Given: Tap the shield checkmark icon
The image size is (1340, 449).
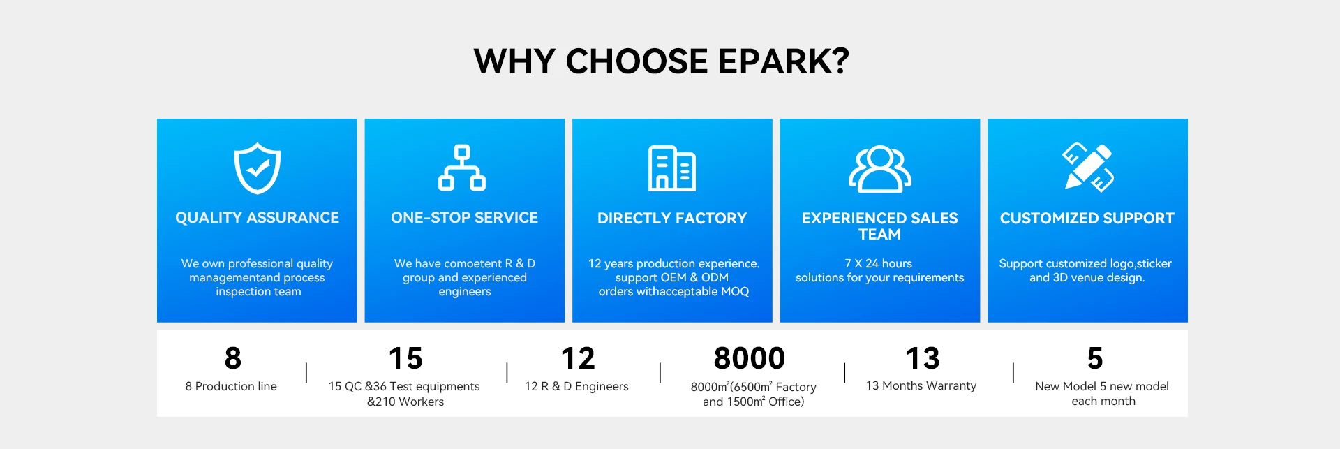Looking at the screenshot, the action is pos(257,168).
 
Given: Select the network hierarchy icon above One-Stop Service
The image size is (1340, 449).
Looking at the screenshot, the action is pos(462,168).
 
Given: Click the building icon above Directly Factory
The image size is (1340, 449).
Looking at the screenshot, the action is pos(672,168).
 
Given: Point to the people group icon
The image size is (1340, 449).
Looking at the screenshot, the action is pos(879,169).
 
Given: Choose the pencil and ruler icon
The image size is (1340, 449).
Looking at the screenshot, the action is pos(1087,168).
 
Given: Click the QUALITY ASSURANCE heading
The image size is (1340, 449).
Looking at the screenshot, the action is pos(257,218).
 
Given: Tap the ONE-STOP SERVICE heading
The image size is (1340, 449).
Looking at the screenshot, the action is pos(464,218).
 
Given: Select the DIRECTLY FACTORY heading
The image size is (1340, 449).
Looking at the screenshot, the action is pos(672,219).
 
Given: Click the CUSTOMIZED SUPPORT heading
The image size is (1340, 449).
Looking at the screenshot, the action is pos(1087,219).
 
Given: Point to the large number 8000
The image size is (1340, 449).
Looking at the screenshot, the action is pos(750,358).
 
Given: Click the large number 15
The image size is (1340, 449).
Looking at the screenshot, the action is pos(405,358).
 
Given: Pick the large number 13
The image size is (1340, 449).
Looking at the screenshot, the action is pos(923,358).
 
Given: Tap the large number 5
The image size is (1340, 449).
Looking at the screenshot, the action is pos(1095,358).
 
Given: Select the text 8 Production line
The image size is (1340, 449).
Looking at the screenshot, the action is pos(231,386).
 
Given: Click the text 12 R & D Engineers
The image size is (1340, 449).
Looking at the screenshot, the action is pos(576,386).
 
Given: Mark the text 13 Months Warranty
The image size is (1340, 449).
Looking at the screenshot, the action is pos(921,385).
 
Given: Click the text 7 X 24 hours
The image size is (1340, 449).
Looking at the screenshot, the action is pos(879,263).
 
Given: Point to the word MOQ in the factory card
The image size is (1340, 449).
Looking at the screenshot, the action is pos(735,291).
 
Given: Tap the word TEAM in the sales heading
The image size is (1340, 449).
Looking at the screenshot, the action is pos(879,235).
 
